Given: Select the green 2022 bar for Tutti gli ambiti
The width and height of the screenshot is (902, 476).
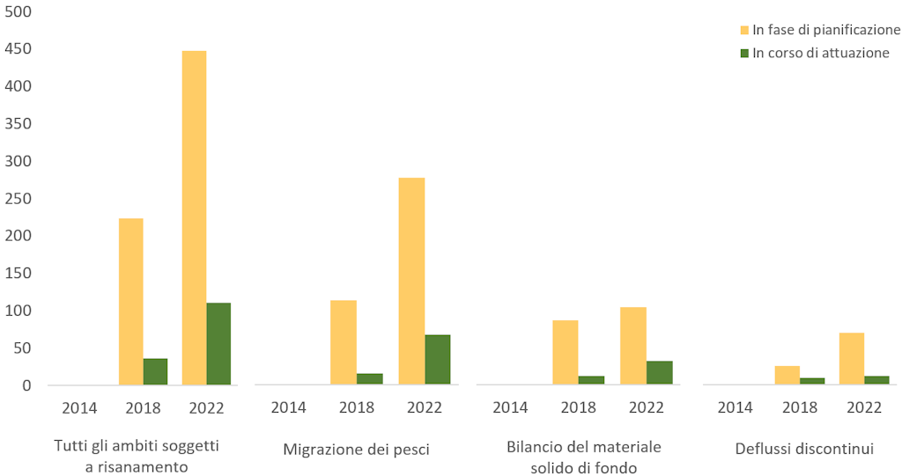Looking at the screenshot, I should click(218, 344).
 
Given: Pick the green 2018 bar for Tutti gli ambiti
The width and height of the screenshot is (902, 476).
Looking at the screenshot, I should click(155, 371).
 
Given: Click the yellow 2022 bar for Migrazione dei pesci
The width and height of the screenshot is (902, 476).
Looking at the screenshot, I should click(411, 282).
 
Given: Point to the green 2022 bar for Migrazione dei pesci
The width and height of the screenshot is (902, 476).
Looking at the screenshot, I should click(437, 360).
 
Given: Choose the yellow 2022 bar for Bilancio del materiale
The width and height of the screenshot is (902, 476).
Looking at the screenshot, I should click(633, 346).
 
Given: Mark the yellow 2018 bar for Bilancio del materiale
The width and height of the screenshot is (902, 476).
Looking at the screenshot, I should click(566, 353).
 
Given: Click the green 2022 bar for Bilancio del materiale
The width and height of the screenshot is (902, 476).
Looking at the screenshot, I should click(659, 373).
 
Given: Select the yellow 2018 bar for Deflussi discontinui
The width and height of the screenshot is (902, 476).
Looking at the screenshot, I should click(787, 376).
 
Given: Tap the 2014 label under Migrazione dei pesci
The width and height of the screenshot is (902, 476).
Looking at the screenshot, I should click(288, 407).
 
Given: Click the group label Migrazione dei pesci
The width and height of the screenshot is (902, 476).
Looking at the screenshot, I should click(356, 450).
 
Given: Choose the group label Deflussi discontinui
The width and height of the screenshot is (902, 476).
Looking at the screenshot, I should click(803, 450).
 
